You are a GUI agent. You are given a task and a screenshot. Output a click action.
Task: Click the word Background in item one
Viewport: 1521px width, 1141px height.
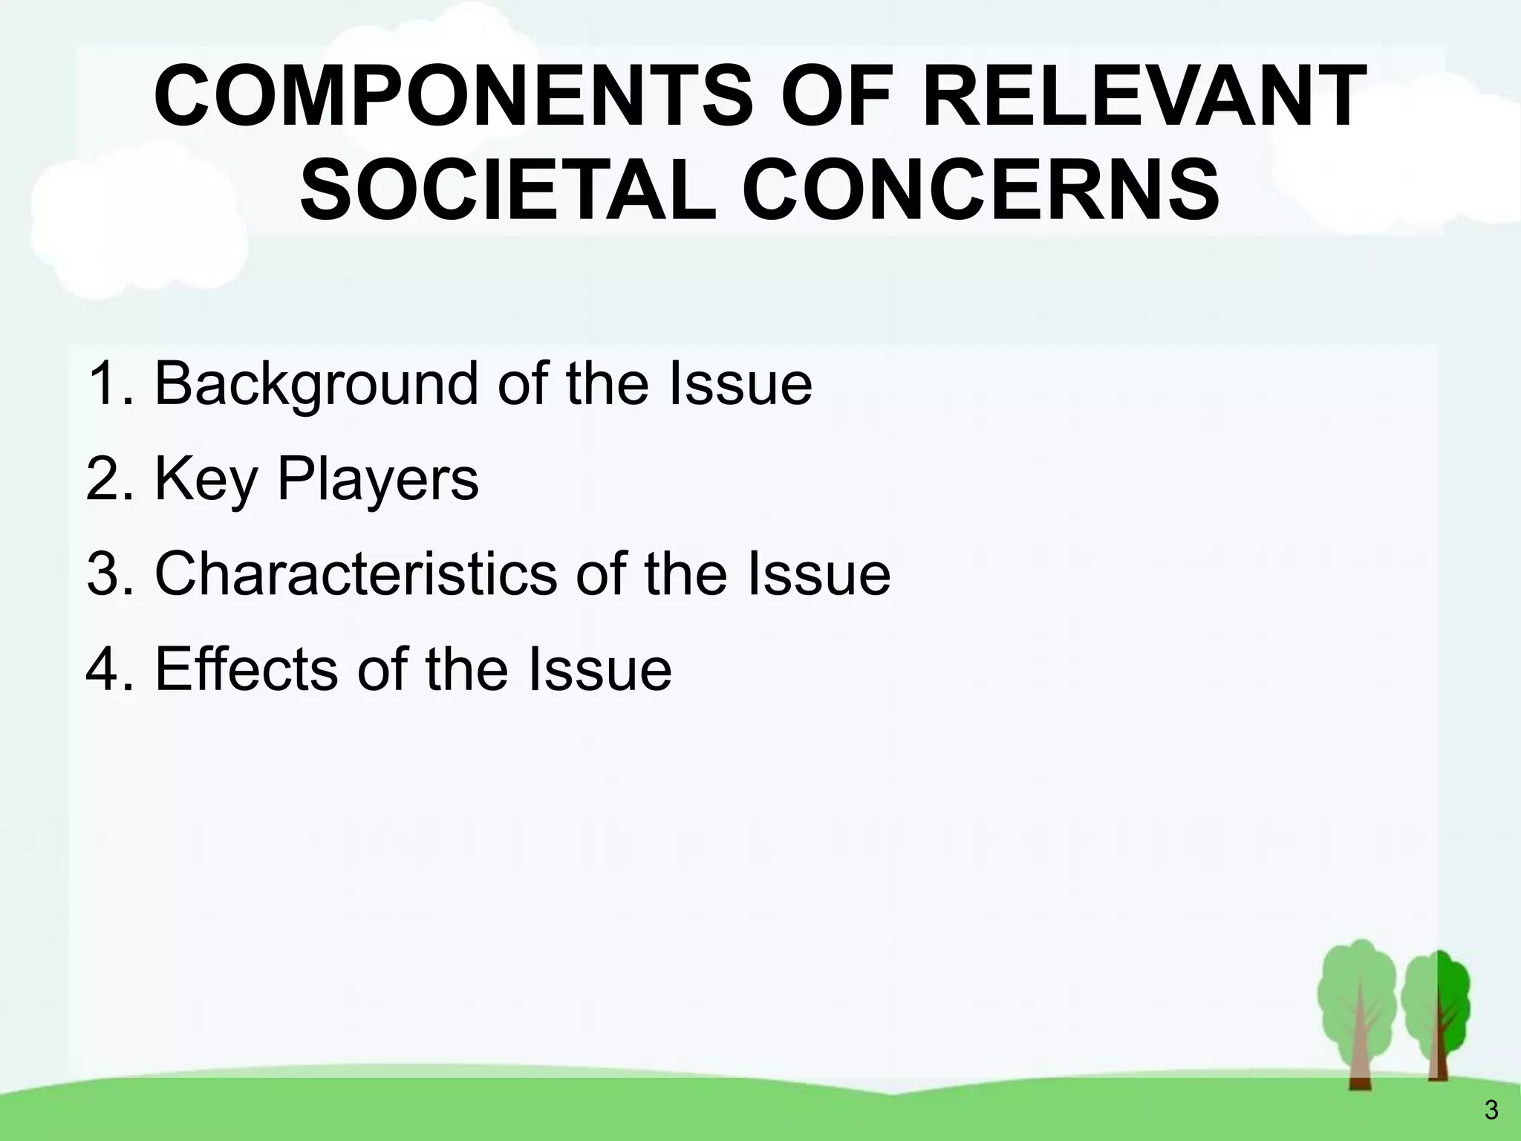coord(316,385)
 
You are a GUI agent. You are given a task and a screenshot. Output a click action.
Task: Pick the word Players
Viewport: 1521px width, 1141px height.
coord(378,480)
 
